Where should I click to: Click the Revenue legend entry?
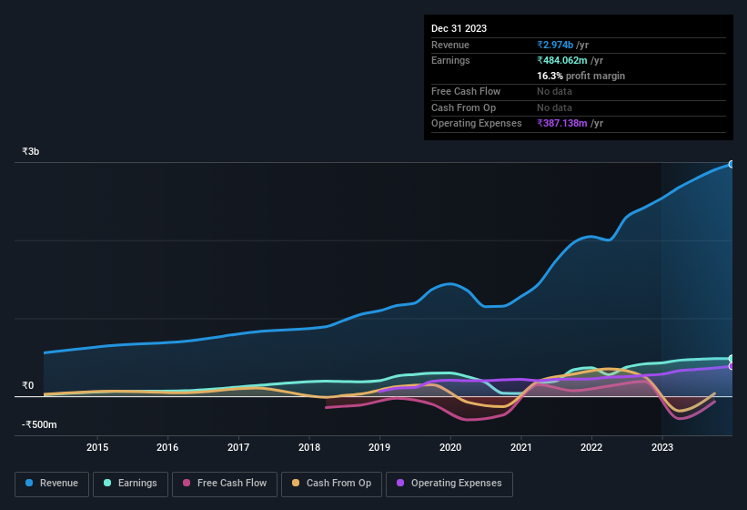coord(53,484)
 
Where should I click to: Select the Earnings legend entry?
coord(128,484)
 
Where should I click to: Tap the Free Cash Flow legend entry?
coord(224,484)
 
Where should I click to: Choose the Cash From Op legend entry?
coord(330,484)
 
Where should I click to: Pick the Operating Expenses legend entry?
coord(449,484)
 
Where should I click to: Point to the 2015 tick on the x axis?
coord(97,447)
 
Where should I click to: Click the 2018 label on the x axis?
coord(309,447)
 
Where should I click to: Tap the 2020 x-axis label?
coord(450,447)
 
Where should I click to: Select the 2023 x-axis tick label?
coord(662,447)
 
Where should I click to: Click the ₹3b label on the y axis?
coord(31,151)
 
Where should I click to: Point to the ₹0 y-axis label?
coord(27,385)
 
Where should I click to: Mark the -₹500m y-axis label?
coord(39,425)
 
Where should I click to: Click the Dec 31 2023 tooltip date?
coord(459,28)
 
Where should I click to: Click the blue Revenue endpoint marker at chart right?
coord(731,164)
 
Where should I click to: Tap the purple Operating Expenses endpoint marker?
coord(731,366)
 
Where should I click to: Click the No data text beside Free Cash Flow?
coord(554,91)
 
